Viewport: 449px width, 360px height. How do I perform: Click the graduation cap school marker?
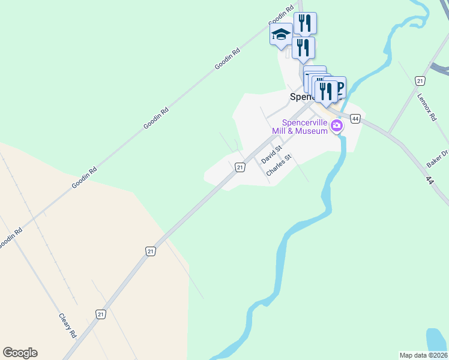pyautogui.click(x=281, y=34)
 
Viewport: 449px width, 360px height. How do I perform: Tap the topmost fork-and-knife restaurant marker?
pyautogui.click(x=305, y=23)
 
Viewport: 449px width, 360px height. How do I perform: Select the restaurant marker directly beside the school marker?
pyautogui.click(x=303, y=47)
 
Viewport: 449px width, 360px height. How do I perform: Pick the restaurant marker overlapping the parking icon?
pyautogui.click(x=326, y=91)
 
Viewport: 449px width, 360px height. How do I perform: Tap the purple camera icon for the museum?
pyautogui.click(x=337, y=126)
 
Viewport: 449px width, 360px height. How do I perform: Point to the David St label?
pyautogui.click(x=271, y=154)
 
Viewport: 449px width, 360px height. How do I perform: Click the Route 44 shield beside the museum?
pyautogui.click(x=356, y=119)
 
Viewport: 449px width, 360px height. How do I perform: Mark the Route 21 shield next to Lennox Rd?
pyautogui.click(x=420, y=80)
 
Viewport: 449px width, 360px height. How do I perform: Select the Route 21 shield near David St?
pyautogui.click(x=240, y=167)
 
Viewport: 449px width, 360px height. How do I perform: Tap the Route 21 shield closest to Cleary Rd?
pyautogui.click(x=100, y=314)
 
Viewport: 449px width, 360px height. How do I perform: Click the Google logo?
pyautogui.click(x=20, y=353)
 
